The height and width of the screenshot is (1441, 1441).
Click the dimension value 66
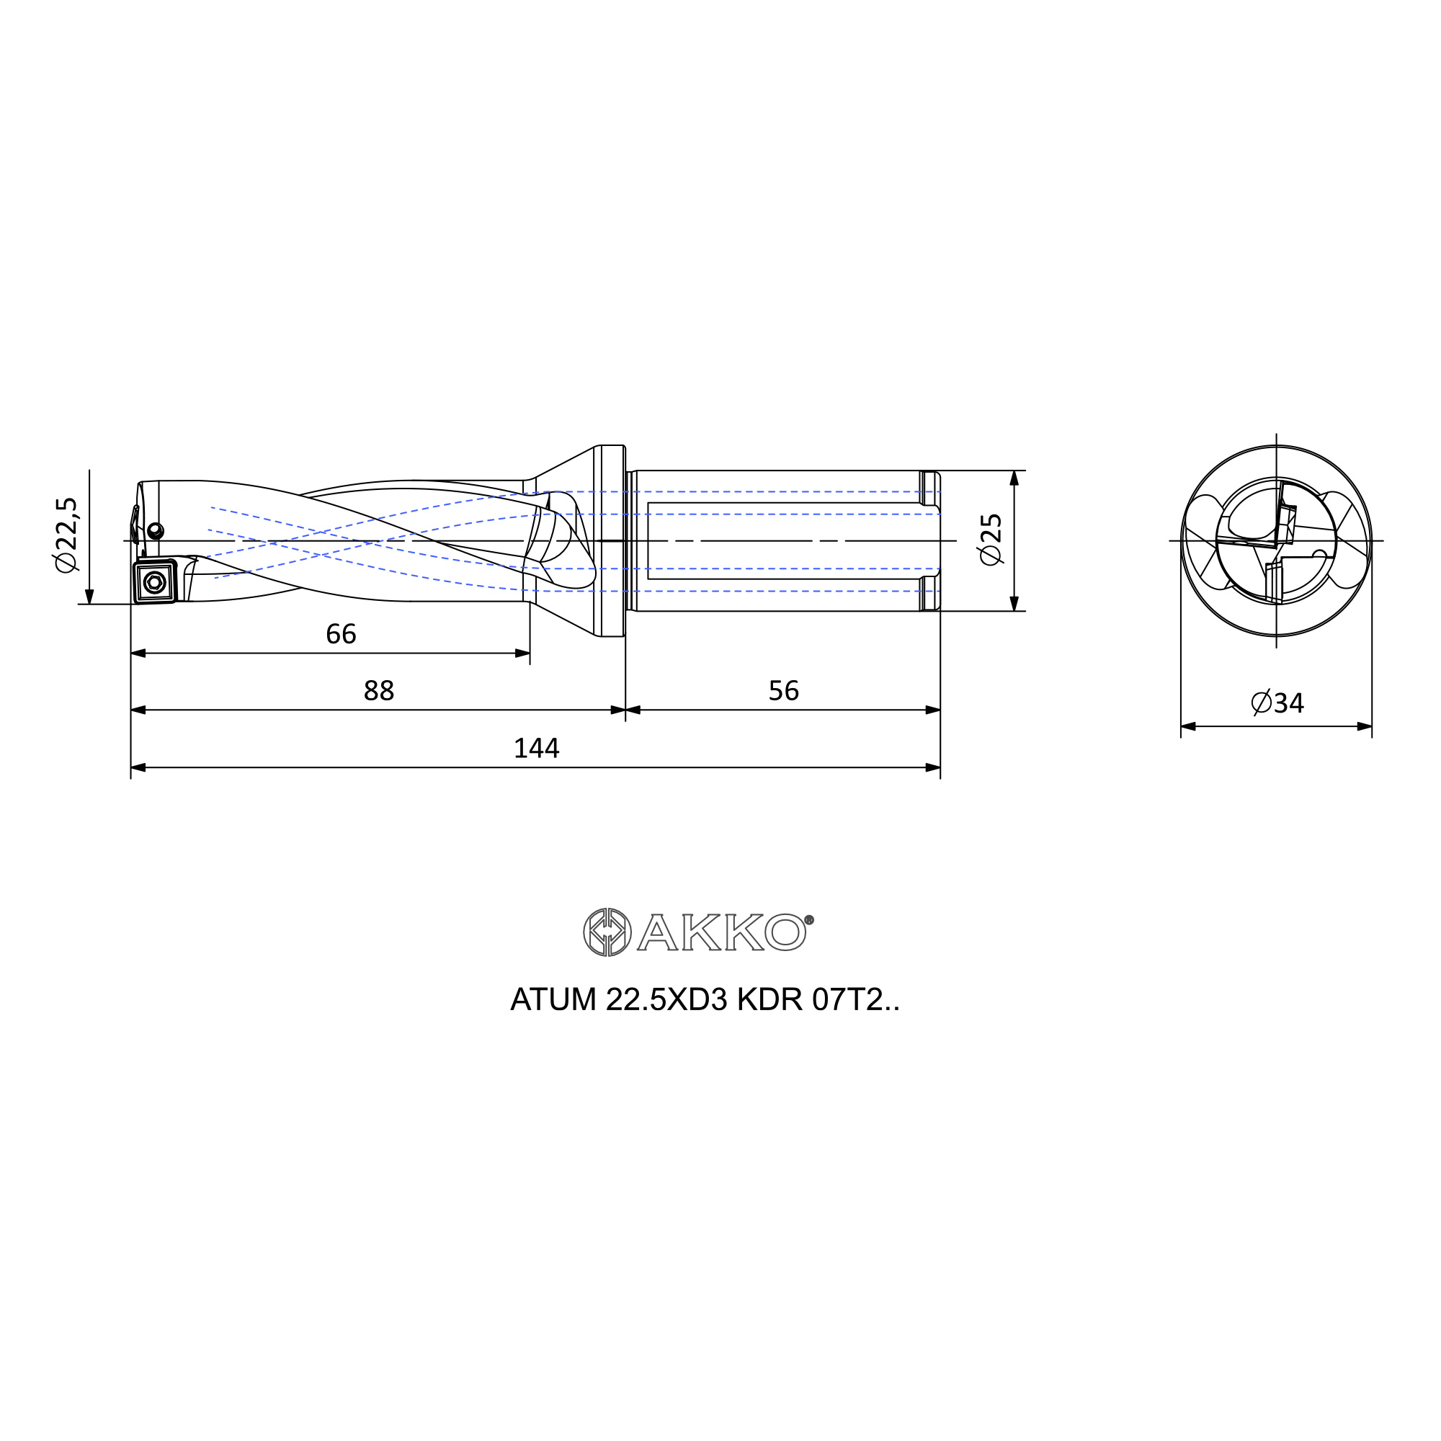(x=341, y=634)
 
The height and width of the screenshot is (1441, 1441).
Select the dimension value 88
(x=379, y=691)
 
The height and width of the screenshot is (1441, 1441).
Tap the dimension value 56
(x=784, y=691)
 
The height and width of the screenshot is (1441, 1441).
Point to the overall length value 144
(x=536, y=748)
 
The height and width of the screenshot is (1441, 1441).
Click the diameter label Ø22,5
(x=66, y=535)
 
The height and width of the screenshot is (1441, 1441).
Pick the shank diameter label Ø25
(x=991, y=540)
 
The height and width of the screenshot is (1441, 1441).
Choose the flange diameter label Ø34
(x=1277, y=702)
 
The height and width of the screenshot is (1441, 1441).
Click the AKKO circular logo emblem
(x=607, y=932)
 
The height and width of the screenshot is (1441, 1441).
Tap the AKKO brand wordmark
(x=721, y=932)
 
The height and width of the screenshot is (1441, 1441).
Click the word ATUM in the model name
(x=553, y=999)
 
